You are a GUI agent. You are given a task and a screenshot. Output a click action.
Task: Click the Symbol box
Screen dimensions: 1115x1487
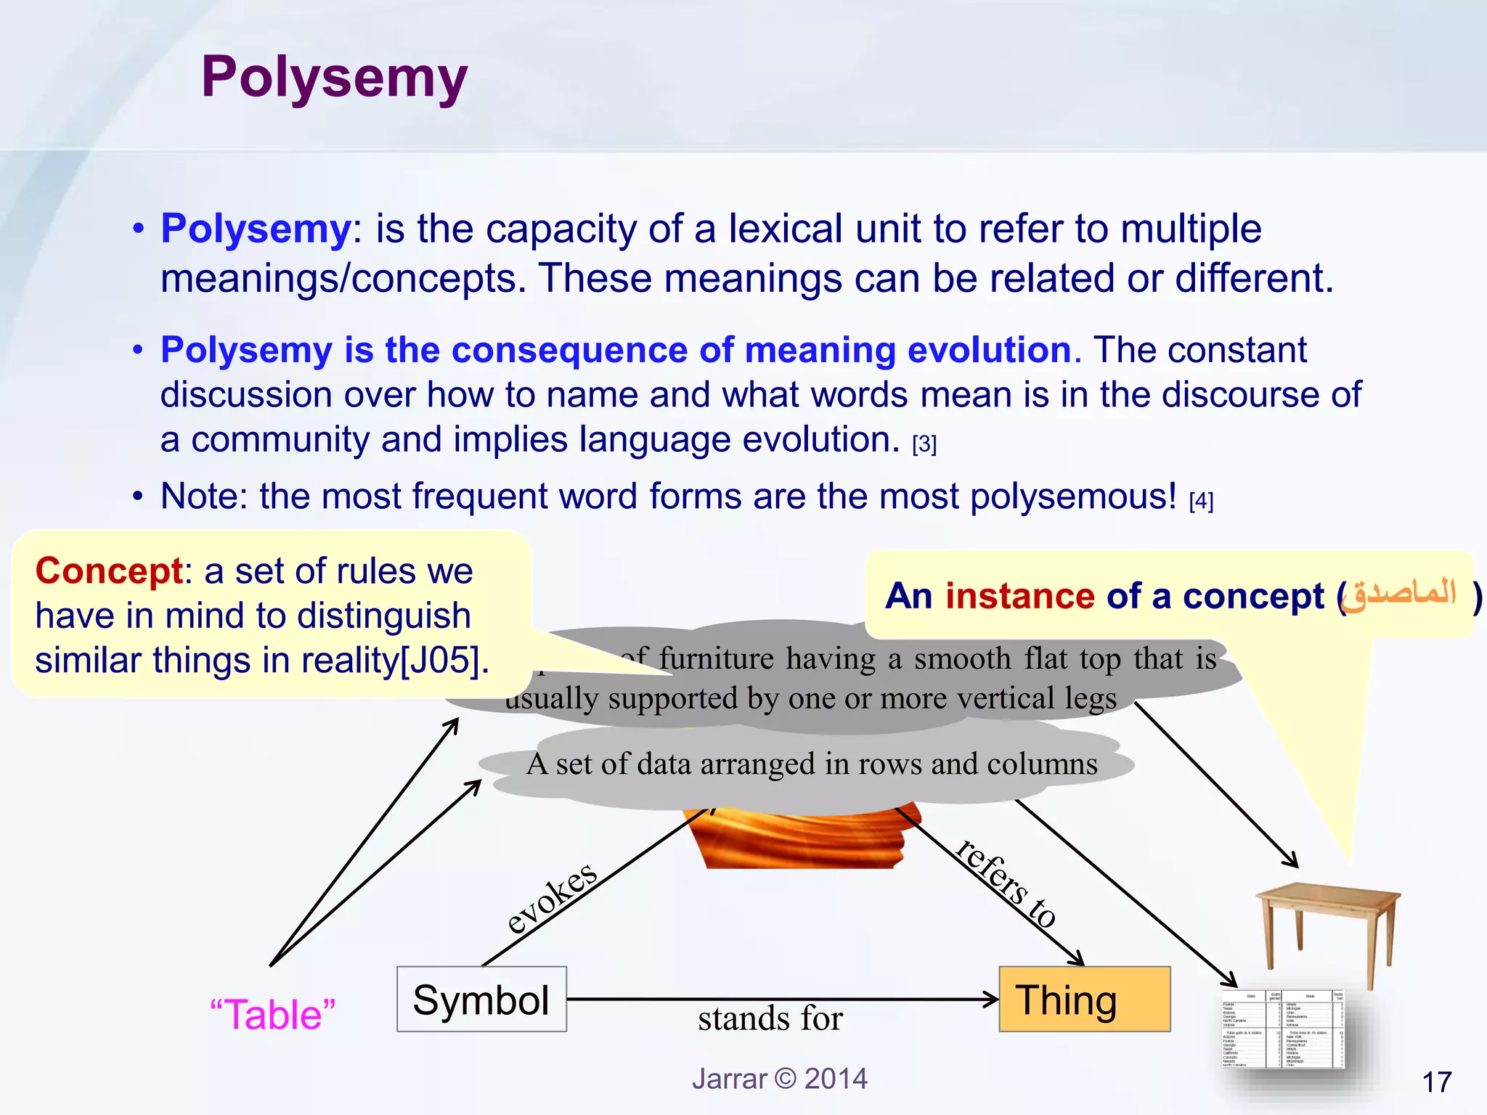pyautogui.click(x=481, y=1000)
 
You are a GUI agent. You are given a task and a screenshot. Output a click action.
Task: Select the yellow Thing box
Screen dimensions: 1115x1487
pyautogui.click(x=1084, y=1000)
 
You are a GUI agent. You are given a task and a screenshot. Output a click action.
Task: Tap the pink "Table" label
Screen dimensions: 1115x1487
pyautogui.click(x=272, y=1014)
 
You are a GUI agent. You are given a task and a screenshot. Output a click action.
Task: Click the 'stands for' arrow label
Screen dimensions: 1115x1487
pyautogui.click(x=770, y=1018)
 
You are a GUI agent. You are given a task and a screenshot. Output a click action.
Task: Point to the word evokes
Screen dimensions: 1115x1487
pyautogui.click(x=552, y=899)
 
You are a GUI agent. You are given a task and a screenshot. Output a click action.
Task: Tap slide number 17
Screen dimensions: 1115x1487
pyautogui.click(x=1436, y=1082)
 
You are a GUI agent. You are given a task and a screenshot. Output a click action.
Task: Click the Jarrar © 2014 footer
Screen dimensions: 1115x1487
pyautogui.click(x=779, y=1079)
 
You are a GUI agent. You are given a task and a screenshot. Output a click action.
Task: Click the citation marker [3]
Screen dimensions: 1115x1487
pyautogui.click(x=924, y=443)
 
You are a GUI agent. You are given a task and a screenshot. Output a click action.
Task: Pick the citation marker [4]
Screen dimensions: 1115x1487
pyautogui.click(x=1201, y=500)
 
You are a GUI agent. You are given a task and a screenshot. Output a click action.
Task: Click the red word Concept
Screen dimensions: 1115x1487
pyautogui.click(x=109, y=571)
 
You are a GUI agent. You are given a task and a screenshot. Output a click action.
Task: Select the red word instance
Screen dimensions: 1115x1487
pyautogui.click(x=1019, y=596)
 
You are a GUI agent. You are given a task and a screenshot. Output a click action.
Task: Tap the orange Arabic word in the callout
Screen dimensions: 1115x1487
pyautogui.click(x=1400, y=594)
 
